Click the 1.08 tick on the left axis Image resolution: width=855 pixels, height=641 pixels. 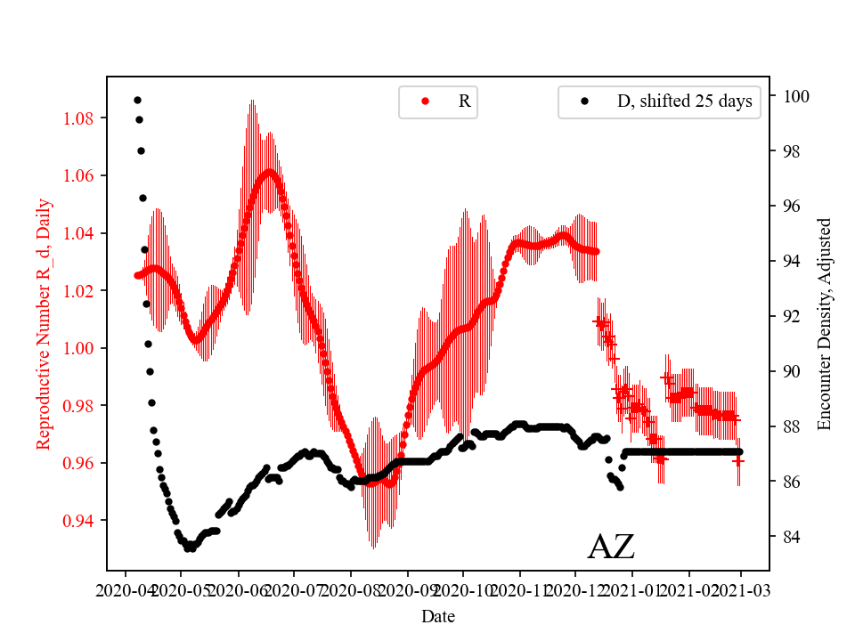pyautogui.click(x=81, y=118)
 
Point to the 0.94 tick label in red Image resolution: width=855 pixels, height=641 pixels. pyautogui.click(x=81, y=520)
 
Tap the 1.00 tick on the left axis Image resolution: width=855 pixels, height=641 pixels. pyautogui.click(x=81, y=348)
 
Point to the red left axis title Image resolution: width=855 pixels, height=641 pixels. pyautogui.click(x=44, y=323)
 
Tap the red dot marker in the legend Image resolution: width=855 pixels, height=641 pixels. pyautogui.click(x=425, y=101)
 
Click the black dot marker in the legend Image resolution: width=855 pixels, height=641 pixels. pyautogui.click(x=584, y=101)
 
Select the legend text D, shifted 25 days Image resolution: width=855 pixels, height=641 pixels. pyautogui.click(x=684, y=101)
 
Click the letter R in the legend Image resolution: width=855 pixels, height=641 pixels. pyautogui.click(x=464, y=101)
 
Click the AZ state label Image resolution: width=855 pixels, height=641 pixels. pyautogui.click(x=611, y=547)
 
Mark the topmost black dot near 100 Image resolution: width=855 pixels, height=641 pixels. pyautogui.click(x=137, y=100)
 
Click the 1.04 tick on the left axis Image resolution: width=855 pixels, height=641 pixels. pyautogui.click(x=81, y=233)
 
